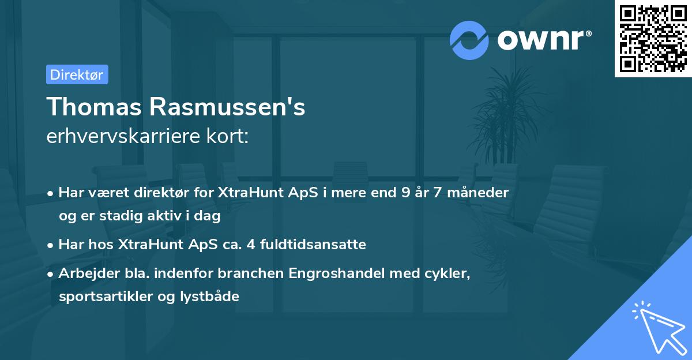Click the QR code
653,39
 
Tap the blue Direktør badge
77,74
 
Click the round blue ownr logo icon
469,40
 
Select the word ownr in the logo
544,40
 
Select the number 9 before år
407,193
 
